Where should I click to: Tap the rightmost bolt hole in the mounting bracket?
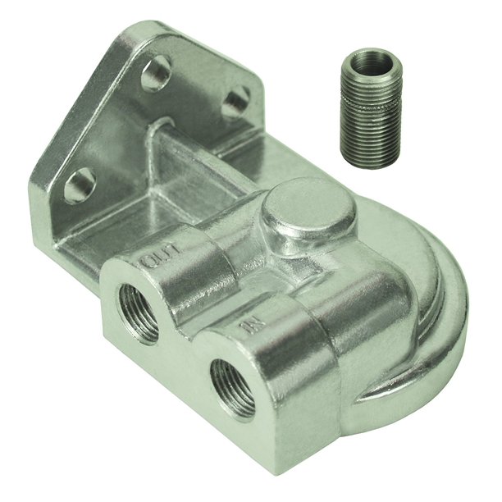pos(236,103)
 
